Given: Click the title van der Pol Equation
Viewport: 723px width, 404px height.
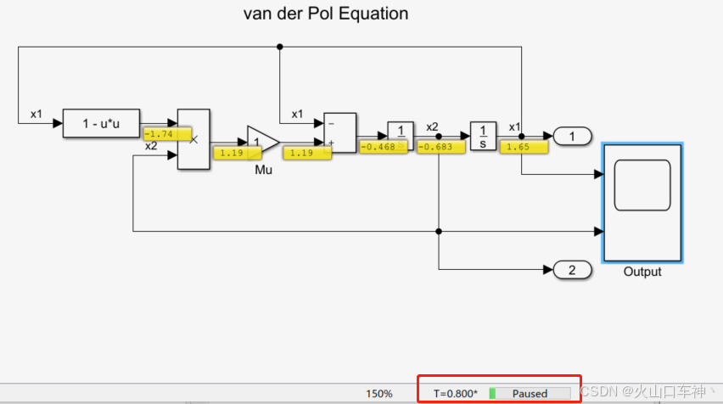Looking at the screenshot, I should coord(326,14).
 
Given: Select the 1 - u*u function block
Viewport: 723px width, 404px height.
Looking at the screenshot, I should coord(102,123).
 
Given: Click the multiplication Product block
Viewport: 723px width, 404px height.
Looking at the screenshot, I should coord(193,139).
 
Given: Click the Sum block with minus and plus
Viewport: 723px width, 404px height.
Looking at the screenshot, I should coord(340,133).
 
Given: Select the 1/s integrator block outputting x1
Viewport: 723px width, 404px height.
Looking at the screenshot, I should coord(482,135).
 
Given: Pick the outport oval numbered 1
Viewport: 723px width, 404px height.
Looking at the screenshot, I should coord(572,135).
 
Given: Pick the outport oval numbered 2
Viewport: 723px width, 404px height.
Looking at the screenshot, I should coord(572,271).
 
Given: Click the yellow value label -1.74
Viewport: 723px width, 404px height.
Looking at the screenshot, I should coord(160,134).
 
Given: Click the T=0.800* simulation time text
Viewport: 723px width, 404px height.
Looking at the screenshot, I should coord(456,393).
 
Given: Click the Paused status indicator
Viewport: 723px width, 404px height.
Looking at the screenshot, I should coord(530,393).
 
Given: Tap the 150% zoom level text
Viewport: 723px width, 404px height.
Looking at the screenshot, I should coord(379,393).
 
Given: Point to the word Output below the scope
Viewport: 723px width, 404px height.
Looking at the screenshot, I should coord(642,272).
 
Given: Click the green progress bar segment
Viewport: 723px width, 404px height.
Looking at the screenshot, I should coord(492,393).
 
